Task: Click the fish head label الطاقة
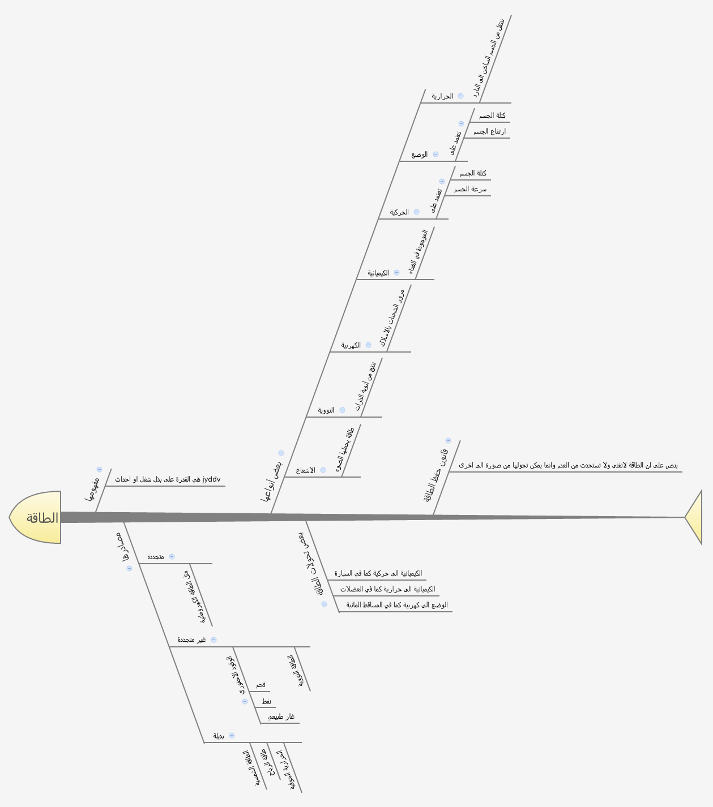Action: pyautogui.click(x=42, y=518)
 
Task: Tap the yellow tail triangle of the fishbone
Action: pyautogui.click(x=695, y=517)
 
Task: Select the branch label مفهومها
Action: pyautogui.click(x=92, y=490)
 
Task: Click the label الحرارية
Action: pyautogui.click(x=442, y=97)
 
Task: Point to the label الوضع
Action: pyautogui.click(x=420, y=154)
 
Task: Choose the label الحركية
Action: pyautogui.click(x=399, y=213)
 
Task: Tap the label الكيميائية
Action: pyautogui.click(x=378, y=273)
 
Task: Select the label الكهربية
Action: pyautogui.click(x=351, y=346)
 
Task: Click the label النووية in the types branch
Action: pyautogui.click(x=326, y=410)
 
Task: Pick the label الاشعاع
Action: pyautogui.click(x=306, y=471)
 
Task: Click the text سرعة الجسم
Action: pyautogui.click(x=470, y=190)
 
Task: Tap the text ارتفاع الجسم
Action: pyautogui.click(x=489, y=132)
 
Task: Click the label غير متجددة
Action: pyautogui.click(x=192, y=640)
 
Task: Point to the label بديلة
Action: pyautogui.click(x=219, y=736)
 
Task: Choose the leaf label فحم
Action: pyautogui.click(x=261, y=685)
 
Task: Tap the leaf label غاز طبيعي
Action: pyautogui.click(x=281, y=718)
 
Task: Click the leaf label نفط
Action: pyautogui.click(x=266, y=702)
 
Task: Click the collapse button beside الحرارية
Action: pyautogui.click(x=461, y=96)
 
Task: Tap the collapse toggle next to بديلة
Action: pyautogui.click(x=232, y=736)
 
